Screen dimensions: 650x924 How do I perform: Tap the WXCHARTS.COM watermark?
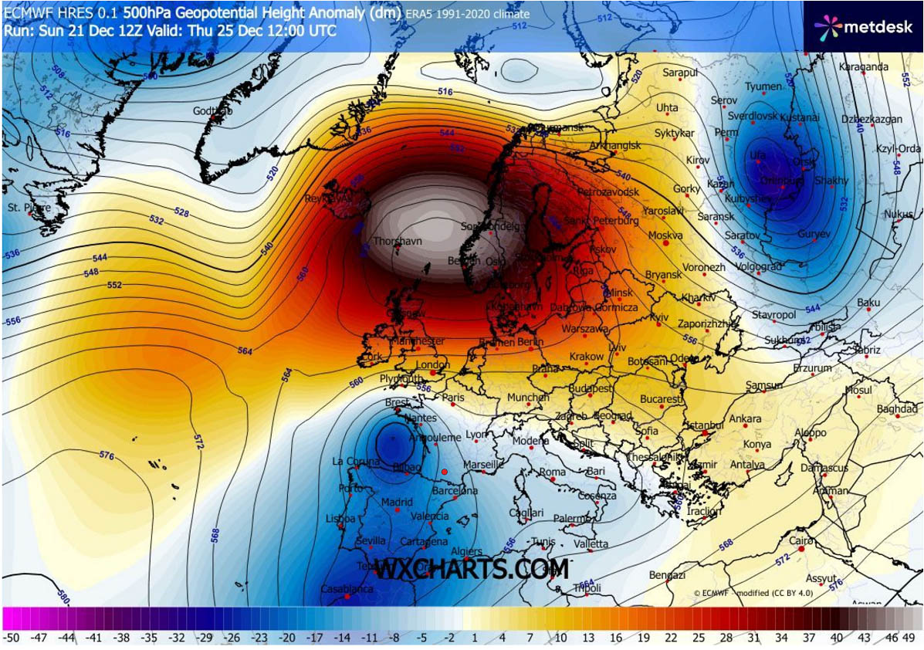tap(472, 570)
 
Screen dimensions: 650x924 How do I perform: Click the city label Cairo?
tap(801, 541)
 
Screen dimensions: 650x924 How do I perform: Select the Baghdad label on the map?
tap(897, 408)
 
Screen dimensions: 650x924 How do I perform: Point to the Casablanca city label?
tap(347, 589)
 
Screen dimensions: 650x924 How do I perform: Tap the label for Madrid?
tap(397, 503)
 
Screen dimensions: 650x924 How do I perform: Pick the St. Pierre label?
tap(29, 208)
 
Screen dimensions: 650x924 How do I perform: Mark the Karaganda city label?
tap(863, 67)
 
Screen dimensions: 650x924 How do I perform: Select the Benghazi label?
tap(667, 575)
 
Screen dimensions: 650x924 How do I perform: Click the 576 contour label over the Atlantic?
tap(107, 456)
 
